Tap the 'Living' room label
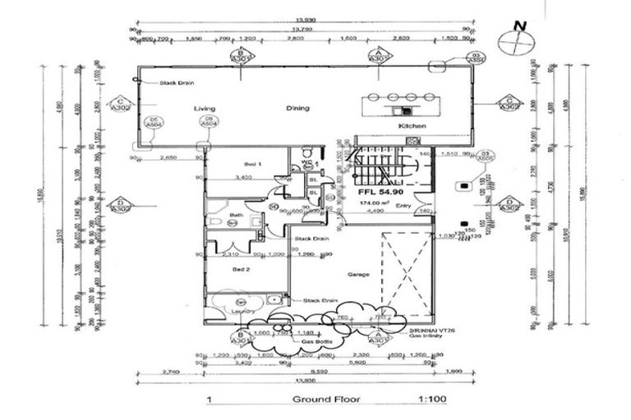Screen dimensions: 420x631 pos(204,108)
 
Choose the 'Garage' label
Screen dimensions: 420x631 pos(358,274)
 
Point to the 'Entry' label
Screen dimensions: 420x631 pos(403,205)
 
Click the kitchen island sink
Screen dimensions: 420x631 pos(406,109)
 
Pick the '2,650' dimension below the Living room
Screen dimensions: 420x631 pos(168,157)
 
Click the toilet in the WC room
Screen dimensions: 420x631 pos(307,153)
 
